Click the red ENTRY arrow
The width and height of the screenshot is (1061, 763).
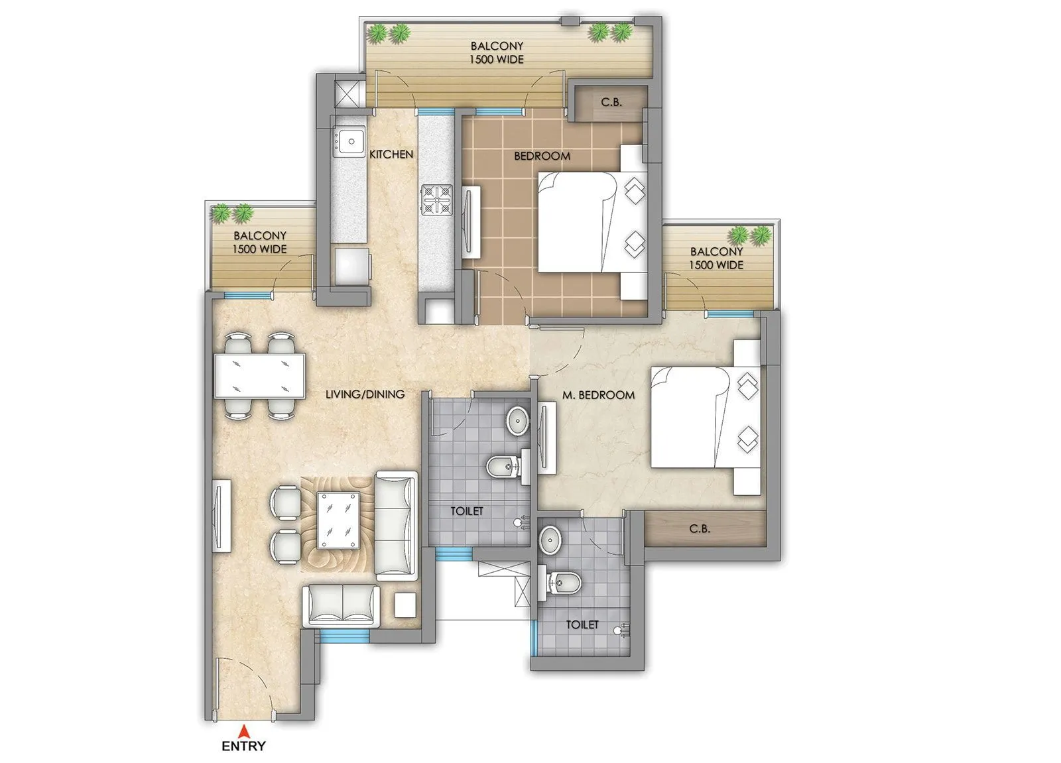(x=243, y=732)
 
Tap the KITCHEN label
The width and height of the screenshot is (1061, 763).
(x=391, y=154)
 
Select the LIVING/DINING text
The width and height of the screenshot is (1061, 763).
(x=365, y=394)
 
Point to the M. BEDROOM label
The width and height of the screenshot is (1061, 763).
(x=598, y=395)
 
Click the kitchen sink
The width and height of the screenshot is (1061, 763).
(x=349, y=141)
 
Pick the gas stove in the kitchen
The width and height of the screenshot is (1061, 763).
(x=436, y=200)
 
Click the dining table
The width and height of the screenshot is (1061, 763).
(x=259, y=376)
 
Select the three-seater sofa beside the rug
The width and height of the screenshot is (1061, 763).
(x=396, y=526)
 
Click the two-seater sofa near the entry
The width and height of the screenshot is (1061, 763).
(x=341, y=605)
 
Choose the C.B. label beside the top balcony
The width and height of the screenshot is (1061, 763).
(x=611, y=102)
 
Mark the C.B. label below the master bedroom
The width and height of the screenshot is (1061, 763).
(x=700, y=529)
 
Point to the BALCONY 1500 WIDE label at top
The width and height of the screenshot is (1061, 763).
(x=497, y=52)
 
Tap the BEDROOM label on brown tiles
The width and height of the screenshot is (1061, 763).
(x=542, y=156)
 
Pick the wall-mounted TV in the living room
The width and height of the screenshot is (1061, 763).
(x=221, y=515)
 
